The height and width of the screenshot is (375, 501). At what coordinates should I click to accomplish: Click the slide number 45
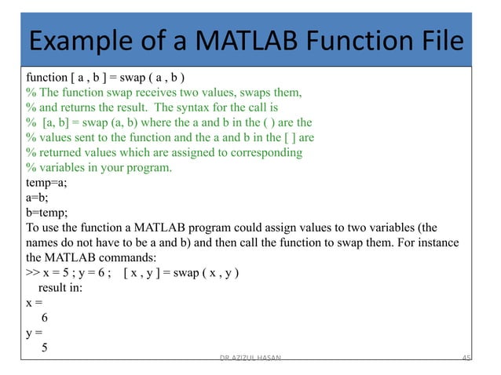coord(466,357)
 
